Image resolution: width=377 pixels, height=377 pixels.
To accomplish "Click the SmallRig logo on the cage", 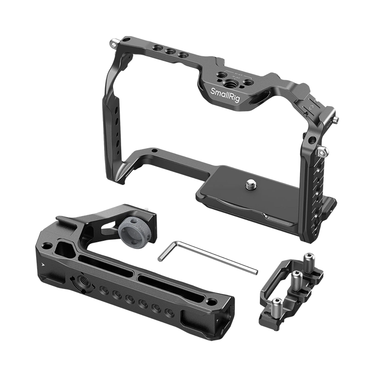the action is coord(225,95).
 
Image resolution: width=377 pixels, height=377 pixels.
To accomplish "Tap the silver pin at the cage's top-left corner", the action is coord(114,43).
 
